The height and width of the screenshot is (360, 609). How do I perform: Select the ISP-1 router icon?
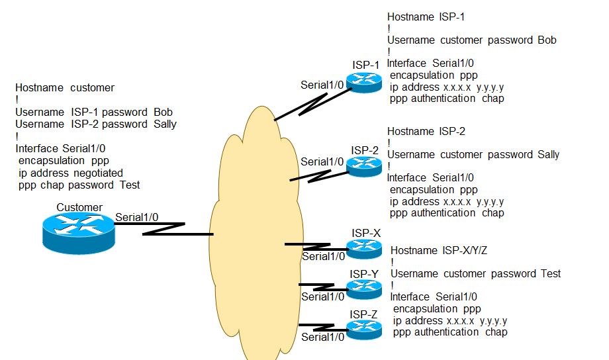click(x=364, y=81)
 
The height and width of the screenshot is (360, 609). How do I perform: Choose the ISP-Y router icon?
click(x=364, y=287)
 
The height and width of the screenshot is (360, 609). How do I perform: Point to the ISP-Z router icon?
click(x=364, y=327)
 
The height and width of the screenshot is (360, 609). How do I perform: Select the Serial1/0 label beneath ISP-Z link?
click(x=323, y=337)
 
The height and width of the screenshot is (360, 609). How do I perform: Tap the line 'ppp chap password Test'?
click(x=79, y=185)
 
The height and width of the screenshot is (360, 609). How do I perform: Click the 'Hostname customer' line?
click(x=65, y=87)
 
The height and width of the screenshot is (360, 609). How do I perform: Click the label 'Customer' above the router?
click(x=79, y=207)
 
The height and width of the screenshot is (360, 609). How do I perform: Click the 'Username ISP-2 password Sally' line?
click(x=96, y=124)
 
